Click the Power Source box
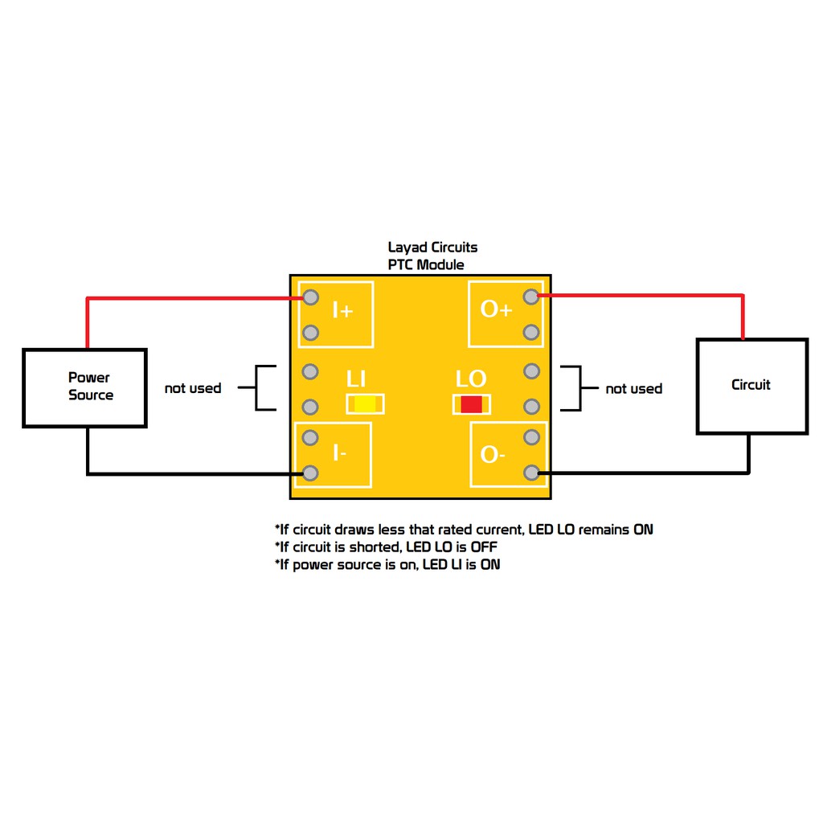84,388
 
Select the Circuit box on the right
752,387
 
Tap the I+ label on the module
342,311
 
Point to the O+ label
496,309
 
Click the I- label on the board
340,452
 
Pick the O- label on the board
493,455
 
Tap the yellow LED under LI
366,404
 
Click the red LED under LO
471,404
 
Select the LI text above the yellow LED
356,379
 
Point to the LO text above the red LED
471,379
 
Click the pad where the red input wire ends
311,297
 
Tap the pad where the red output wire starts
531,297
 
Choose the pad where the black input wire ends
310,473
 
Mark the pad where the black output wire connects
532,473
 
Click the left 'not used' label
193,388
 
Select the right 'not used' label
633,389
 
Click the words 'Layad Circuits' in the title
432,248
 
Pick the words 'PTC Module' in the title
426,264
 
